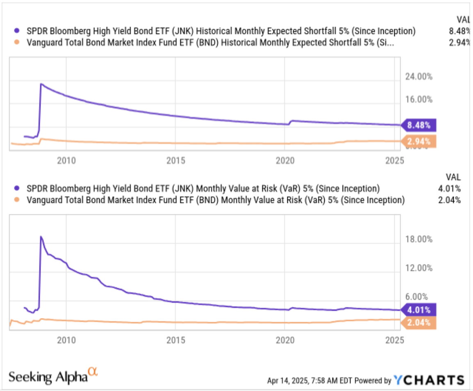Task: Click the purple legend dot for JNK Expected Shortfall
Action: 17,31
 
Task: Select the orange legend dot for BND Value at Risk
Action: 17,200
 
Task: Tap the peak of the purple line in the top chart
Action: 41,84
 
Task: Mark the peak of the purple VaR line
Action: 41,236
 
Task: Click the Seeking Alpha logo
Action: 53,375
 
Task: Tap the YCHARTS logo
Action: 429,380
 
